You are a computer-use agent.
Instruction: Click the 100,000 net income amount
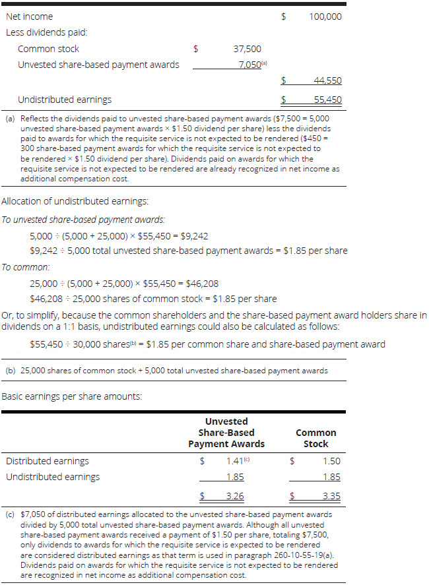point(325,16)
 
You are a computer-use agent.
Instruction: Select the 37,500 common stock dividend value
point(247,49)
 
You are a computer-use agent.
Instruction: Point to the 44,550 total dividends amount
point(327,81)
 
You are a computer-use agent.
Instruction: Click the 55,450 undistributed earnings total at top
point(327,100)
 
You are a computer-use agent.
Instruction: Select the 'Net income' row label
point(29,16)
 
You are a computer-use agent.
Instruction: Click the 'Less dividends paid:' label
point(46,32)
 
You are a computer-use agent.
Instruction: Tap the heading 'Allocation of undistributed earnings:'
point(75,201)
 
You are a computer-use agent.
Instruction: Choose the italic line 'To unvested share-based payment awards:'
point(83,220)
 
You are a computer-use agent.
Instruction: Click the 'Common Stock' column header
point(315,439)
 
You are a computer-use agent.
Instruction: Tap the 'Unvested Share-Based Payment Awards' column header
point(226,433)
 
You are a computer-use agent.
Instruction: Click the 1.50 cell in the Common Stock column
point(331,462)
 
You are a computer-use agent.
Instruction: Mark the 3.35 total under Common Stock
point(331,496)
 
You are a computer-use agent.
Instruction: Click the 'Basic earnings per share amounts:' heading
point(72,396)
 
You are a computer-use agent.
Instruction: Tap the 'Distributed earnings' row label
point(47,462)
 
